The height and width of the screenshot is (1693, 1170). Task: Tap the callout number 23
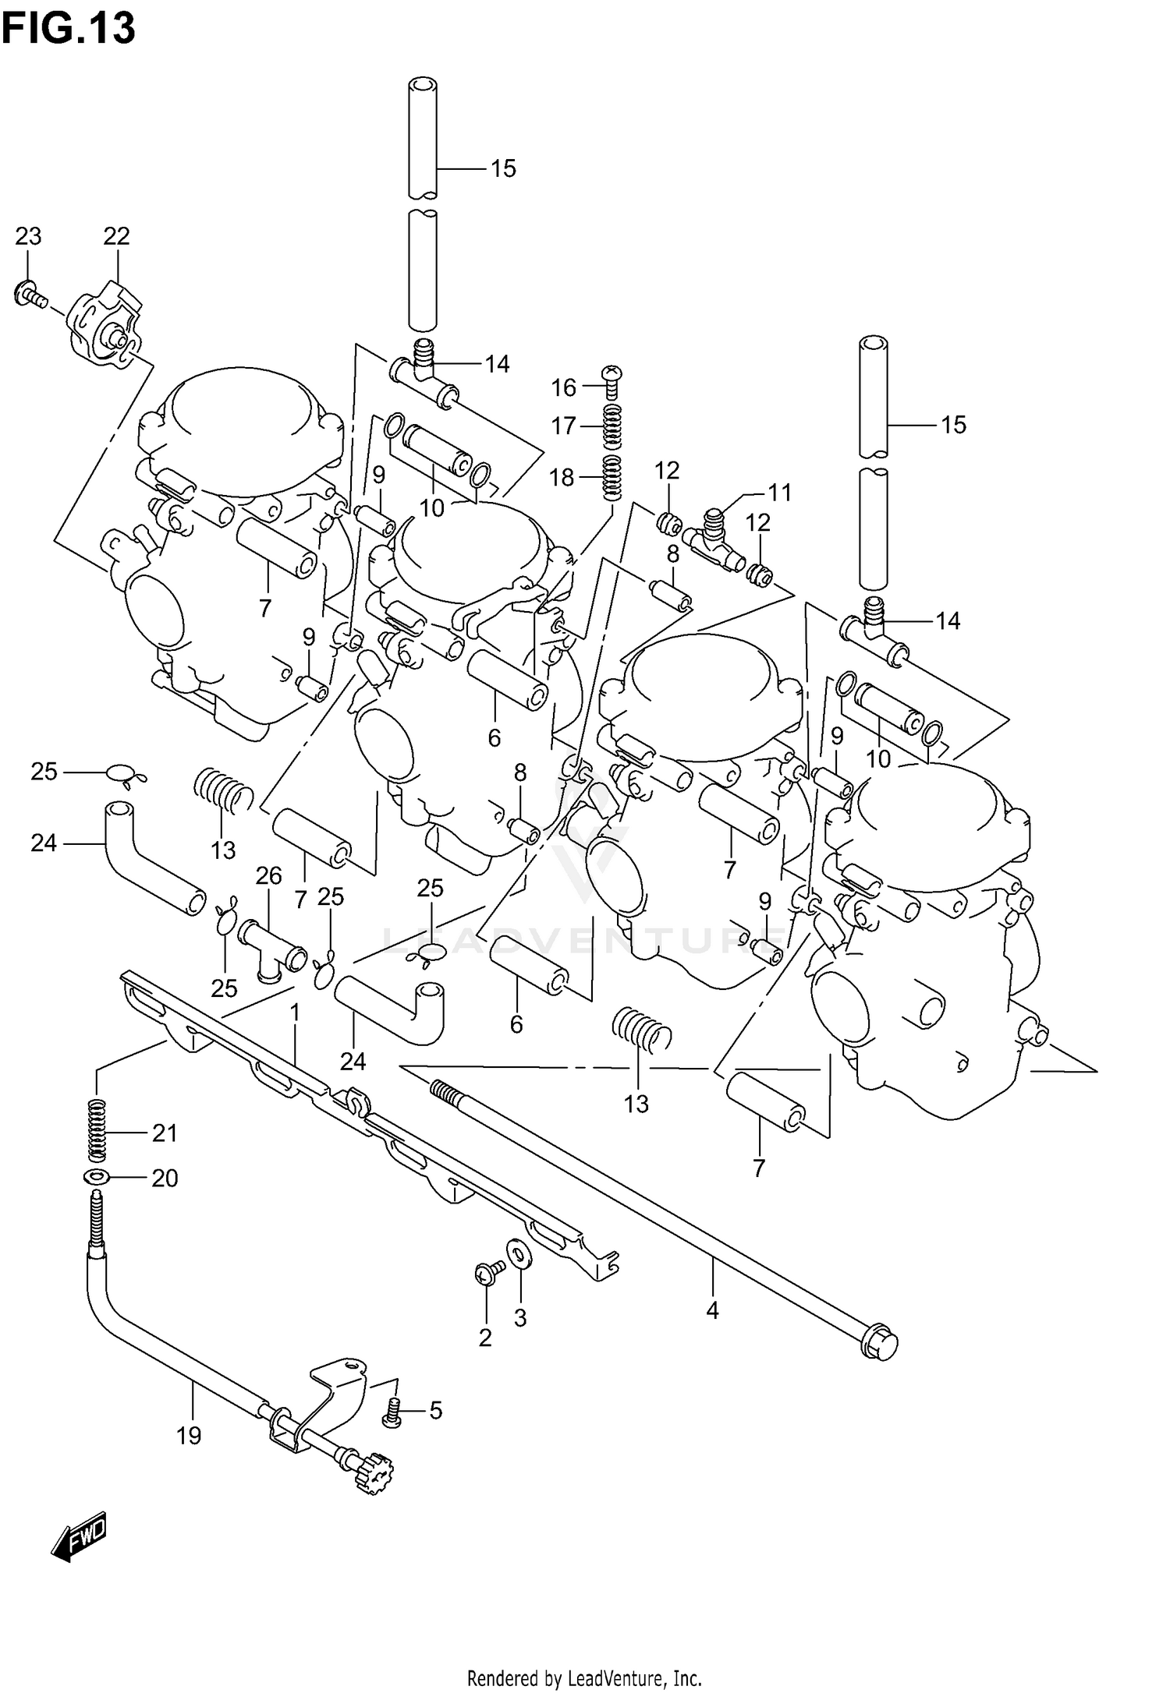click(x=29, y=235)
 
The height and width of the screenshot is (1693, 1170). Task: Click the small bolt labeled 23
click(x=28, y=295)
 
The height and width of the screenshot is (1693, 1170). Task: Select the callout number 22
click(x=116, y=235)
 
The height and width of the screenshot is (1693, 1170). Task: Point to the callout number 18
click(x=562, y=477)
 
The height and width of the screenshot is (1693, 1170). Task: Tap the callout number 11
click(x=779, y=492)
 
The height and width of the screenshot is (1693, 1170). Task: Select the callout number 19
click(x=189, y=1435)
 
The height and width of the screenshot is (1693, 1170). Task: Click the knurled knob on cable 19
click(x=375, y=1472)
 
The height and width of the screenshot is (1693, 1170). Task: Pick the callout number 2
click(x=484, y=1338)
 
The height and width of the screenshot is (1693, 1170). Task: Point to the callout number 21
click(x=165, y=1133)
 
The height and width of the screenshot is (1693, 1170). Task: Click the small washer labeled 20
click(x=96, y=1176)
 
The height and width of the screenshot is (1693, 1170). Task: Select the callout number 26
click(x=269, y=875)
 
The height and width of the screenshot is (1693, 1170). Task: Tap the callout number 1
click(x=295, y=1013)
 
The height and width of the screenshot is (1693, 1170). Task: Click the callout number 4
click(x=712, y=1310)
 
